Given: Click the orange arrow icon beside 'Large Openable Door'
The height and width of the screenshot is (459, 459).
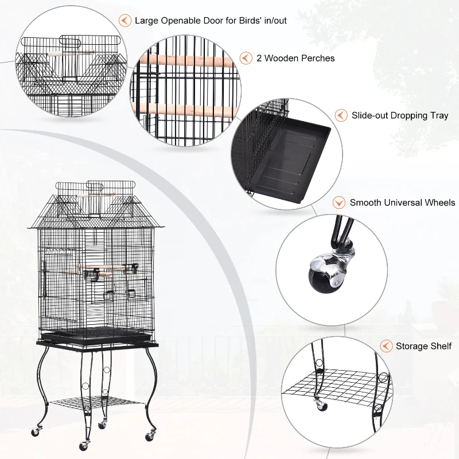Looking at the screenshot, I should click(x=124, y=21).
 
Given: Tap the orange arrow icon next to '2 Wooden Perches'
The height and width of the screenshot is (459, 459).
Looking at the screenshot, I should click(x=246, y=58).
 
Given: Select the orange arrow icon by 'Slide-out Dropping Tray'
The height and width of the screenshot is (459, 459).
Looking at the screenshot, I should click(x=341, y=115).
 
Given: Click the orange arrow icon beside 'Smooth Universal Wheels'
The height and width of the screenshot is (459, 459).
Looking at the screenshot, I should click(x=339, y=203).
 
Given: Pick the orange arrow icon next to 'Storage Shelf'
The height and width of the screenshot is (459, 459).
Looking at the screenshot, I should click(x=386, y=346).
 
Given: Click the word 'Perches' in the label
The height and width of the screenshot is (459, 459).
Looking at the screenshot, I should click(x=318, y=58).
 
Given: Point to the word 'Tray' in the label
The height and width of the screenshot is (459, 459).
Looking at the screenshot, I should click(x=438, y=115).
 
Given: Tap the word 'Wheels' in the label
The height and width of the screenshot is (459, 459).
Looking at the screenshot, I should click(x=439, y=203).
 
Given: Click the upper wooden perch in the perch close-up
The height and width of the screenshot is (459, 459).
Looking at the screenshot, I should click(x=189, y=60).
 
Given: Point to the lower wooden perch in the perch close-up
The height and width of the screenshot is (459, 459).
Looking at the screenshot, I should click(x=189, y=109).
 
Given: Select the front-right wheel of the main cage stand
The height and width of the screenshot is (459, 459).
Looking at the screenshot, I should click(x=150, y=437).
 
